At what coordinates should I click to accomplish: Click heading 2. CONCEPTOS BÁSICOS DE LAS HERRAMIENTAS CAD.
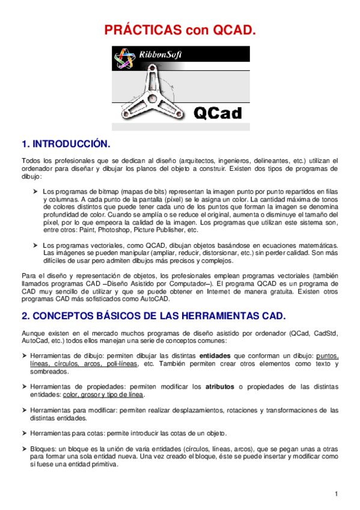[x=153, y=316]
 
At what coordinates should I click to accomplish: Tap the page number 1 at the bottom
[x=338, y=494]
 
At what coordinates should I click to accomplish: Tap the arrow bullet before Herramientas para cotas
[x=25, y=434]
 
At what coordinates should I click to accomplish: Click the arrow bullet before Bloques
[x=25, y=449]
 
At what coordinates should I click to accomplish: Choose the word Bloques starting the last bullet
[x=42, y=449]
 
